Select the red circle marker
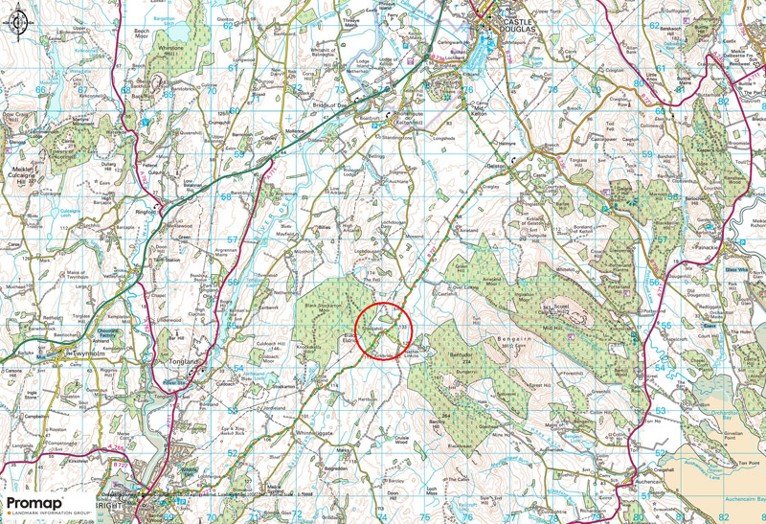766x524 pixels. coord(383,330)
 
